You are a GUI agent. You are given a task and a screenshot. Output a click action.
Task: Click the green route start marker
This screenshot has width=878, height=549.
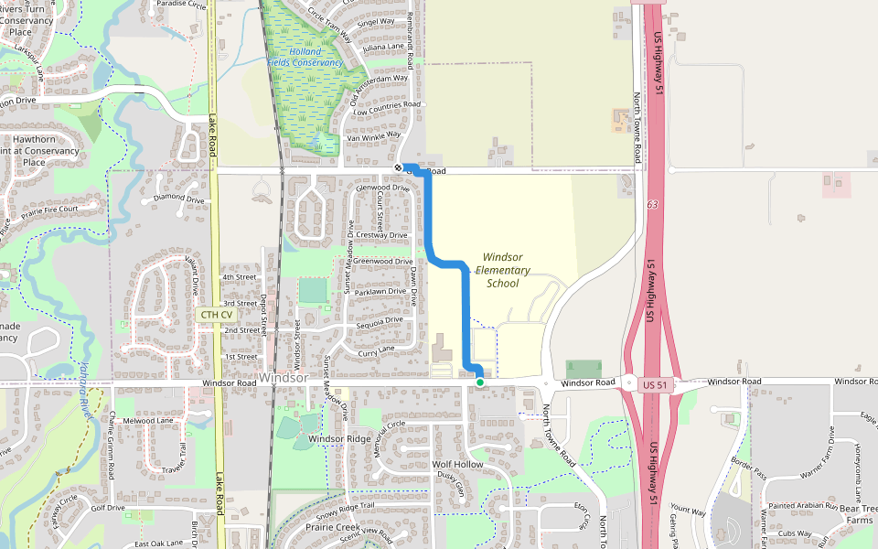pyautogui.click(x=480, y=382)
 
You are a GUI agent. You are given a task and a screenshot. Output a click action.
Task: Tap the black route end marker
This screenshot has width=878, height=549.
pyautogui.click(x=399, y=168)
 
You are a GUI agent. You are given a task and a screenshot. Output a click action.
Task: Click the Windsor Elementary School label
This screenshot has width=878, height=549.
pyautogui.click(x=503, y=270)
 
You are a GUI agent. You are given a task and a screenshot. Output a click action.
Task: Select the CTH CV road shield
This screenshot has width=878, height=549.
pyautogui.click(x=216, y=314)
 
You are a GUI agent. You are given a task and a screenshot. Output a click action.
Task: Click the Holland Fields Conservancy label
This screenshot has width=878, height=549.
pyautogui.click(x=305, y=57)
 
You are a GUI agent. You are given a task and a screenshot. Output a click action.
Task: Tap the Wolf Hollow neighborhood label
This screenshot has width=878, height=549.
pyautogui.click(x=457, y=465)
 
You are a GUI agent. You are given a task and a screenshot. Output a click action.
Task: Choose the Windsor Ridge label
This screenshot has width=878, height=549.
pyautogui.click(x=339, y=439)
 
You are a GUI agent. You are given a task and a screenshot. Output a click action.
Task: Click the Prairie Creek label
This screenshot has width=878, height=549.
pyautogui.click(x=333, y=527)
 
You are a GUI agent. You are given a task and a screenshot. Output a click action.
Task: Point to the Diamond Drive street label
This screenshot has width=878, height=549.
pyautogui.click(x=179, y=198)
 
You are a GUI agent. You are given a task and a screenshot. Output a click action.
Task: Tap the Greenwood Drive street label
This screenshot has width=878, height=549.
pyautogui.click(x=382, y=262)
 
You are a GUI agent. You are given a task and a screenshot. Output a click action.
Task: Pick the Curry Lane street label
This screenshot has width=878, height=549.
pyautogui.click(x=376, y=350)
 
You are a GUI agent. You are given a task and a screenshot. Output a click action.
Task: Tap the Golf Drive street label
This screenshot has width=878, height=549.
pyautogui.click(x=108, y=508)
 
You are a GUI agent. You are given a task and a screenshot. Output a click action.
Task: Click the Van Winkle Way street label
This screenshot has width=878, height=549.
pyautogui.click(x=380, y=135)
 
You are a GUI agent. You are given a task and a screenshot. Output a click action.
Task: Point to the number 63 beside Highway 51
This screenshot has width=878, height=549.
pyautogui.click(x=651, y=205)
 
